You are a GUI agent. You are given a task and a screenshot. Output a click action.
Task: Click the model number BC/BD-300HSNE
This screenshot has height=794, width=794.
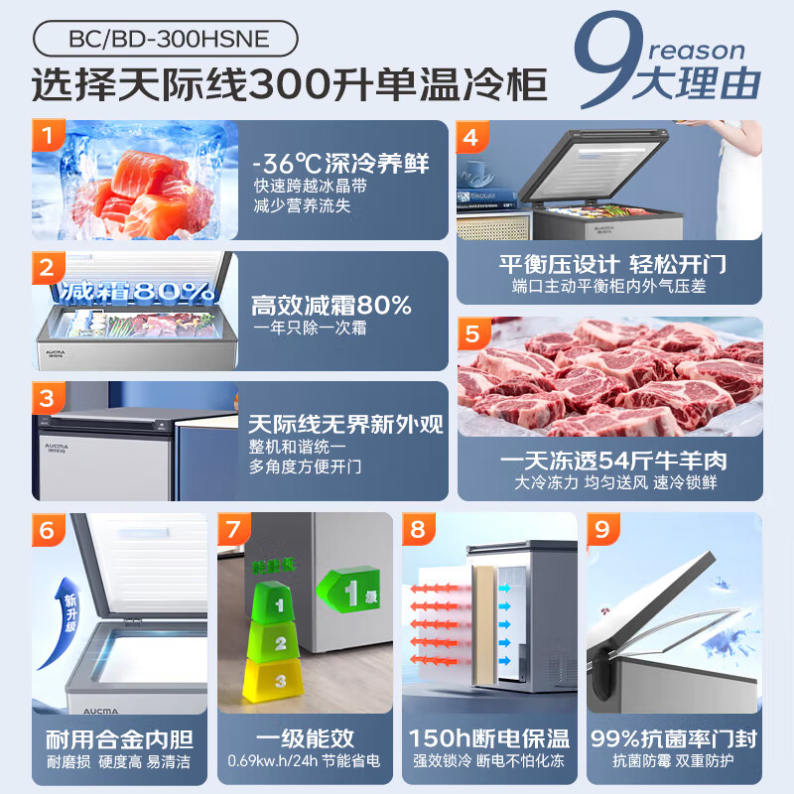pos(165,40)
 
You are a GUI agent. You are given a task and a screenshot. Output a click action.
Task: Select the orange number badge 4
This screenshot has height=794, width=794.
pos(471,137)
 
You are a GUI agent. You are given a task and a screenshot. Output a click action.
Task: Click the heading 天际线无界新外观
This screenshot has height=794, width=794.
pos(346,425)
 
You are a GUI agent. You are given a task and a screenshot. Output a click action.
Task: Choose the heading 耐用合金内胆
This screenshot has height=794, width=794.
pos(119,739)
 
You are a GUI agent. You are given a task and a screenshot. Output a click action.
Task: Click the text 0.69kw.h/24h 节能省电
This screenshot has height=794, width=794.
pos(303,762)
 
